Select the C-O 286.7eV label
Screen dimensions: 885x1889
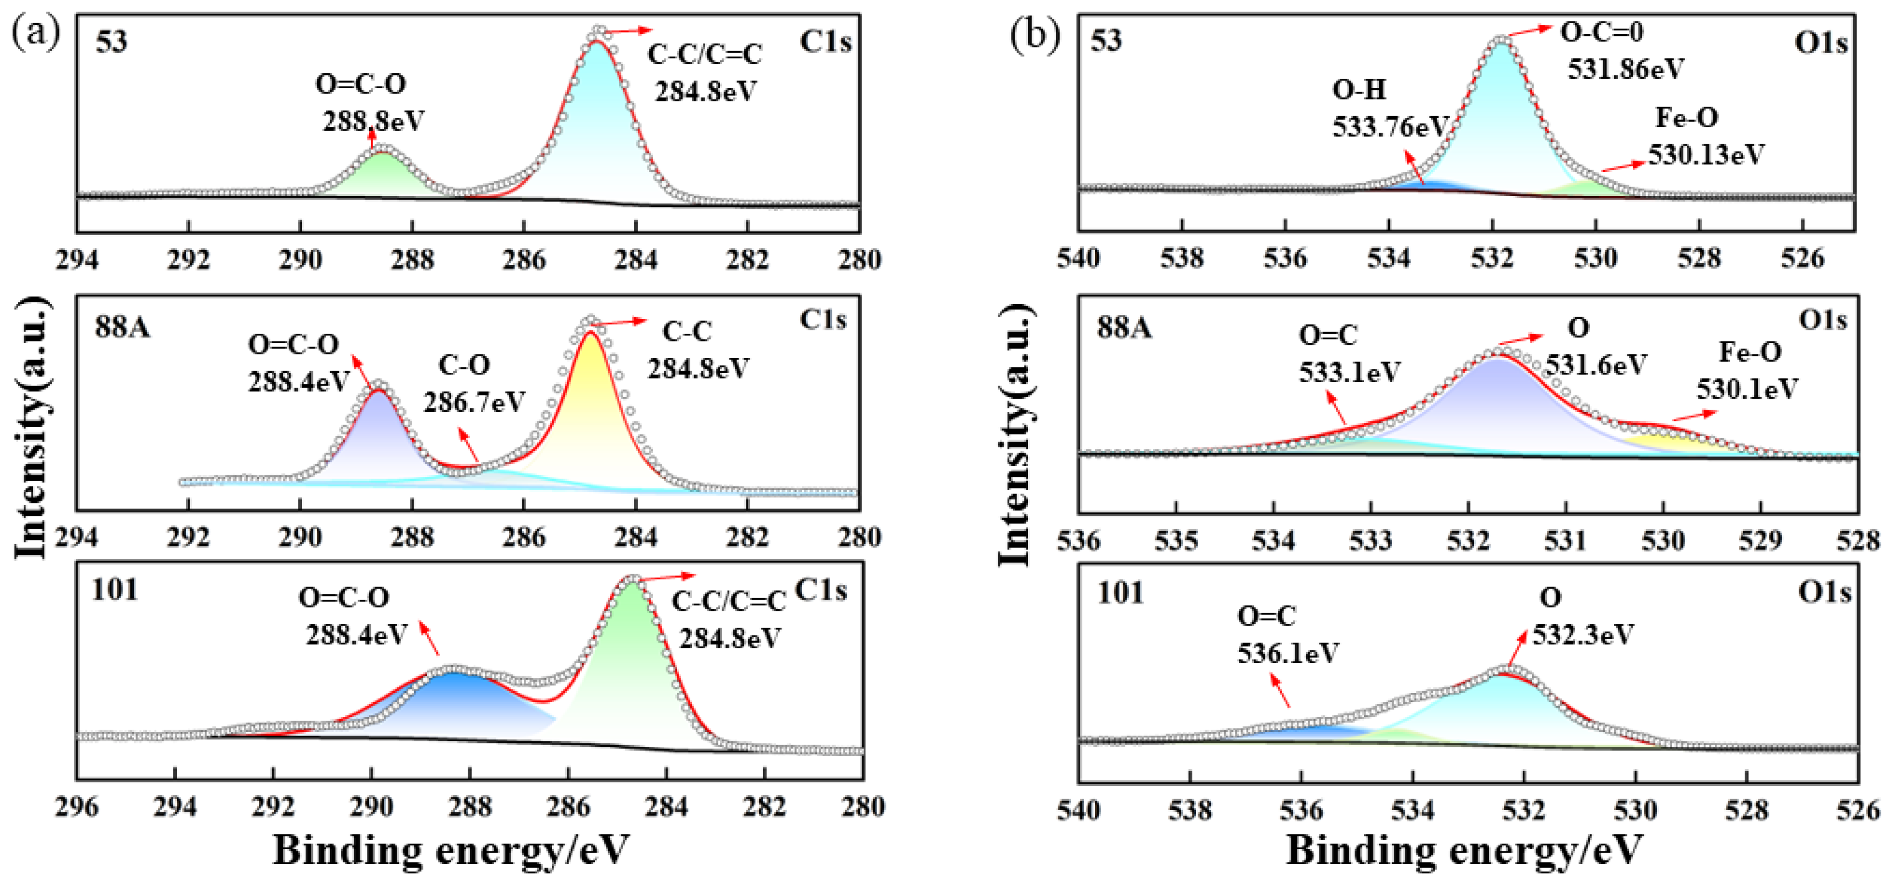[x=474, y=383]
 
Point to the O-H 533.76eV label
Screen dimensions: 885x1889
[x=1388, y=108]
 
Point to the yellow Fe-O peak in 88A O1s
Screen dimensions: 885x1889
[x=1665, y=442]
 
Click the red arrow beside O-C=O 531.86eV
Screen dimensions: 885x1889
[x=1528, y=31]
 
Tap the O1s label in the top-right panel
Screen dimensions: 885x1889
[x=1820, y=42]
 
